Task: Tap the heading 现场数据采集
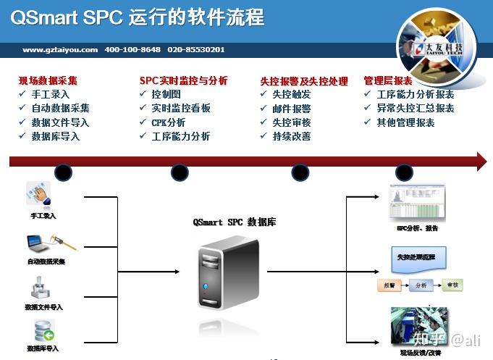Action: coord(48,81)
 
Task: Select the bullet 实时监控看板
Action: coord(181,108)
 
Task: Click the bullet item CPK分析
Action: coord(169,122)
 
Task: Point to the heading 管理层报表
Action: coord(388,81)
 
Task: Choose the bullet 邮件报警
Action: coord(292,109)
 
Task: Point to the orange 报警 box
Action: coord(390,285)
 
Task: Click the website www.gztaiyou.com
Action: coord(60,50)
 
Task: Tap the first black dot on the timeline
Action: coord(64,172)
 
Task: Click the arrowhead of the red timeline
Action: coord(480,162)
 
